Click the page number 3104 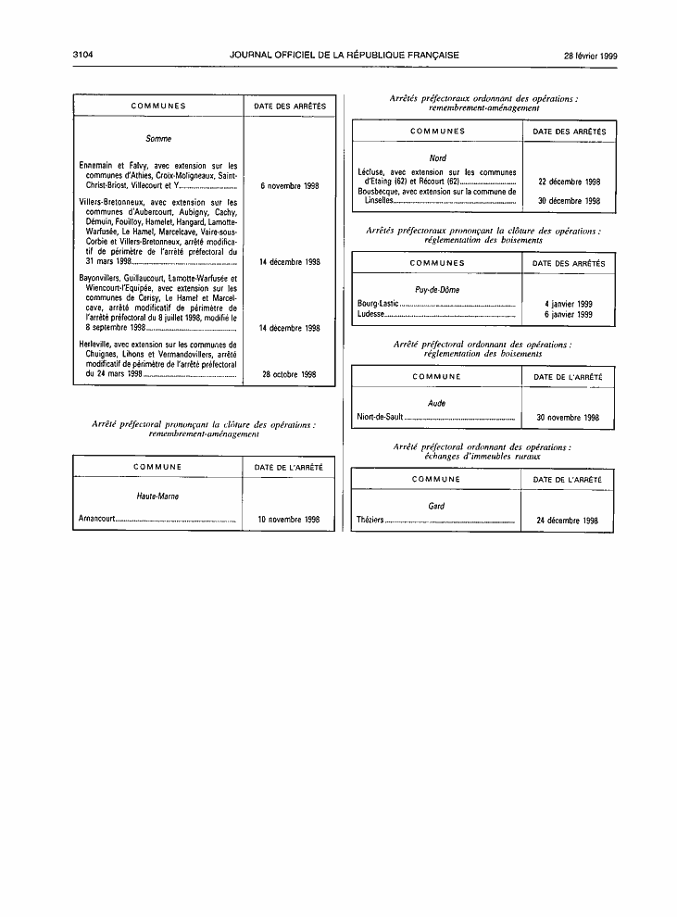(83, 55)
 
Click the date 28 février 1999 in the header (591, 57)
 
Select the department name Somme (158, 139)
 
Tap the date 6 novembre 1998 (290, 186)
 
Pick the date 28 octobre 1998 (289, 374)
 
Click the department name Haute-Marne (157, 496)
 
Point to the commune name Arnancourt (97, 519)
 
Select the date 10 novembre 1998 (289, 519)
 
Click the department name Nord (437, 157)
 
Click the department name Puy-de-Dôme (437, 290)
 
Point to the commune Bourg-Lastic (378, 304)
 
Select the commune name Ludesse (370, 314)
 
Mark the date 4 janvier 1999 (569, 304)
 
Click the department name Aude (437, 403)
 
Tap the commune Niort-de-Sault (380, 417)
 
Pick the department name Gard (436, 506)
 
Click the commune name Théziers (370, 520)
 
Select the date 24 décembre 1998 (567, 520)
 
